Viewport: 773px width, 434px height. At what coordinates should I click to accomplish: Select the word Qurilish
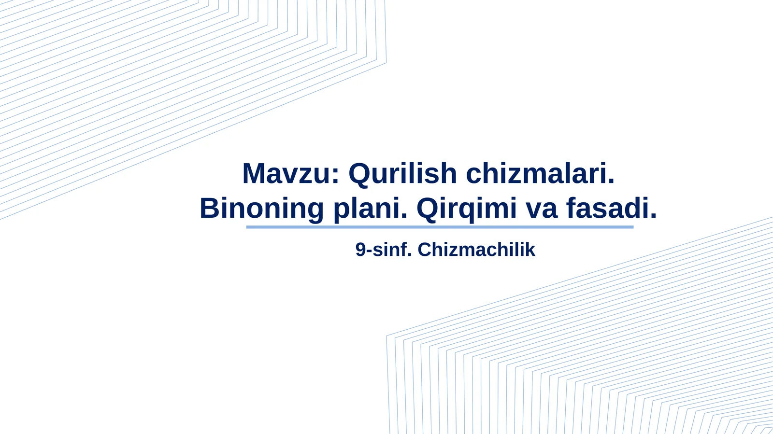(x=402, y=174)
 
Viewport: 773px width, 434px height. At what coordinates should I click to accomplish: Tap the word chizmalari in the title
(x=540, y=174)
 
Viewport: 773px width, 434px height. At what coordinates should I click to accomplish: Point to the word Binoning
(x=261, y=209)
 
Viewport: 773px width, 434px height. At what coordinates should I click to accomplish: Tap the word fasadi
(x=608, y=209)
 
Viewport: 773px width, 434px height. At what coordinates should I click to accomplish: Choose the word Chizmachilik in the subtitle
(x=476, y=250)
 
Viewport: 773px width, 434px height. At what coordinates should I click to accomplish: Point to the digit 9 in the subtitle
(x=360, y=250)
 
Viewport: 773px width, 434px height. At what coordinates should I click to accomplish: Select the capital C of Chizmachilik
(x=424, y=250)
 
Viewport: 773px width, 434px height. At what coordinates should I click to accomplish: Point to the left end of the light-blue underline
(x=248, y=227)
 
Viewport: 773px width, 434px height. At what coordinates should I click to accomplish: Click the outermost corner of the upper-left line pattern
(x=386, y=62)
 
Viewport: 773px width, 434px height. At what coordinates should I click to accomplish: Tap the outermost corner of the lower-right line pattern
(x=387, y=336)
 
